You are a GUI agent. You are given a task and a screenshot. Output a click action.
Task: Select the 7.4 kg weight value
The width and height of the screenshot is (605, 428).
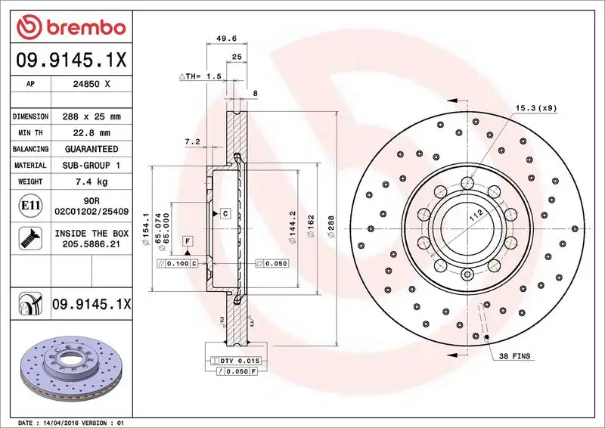pyautogui.click(x=91, y=181)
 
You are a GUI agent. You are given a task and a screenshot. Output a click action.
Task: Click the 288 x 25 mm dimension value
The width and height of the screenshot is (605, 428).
pyautogui.click(x=91, y=116)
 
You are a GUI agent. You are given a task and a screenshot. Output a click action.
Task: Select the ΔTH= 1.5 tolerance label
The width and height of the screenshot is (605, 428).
pyautogui.click(x=200, y=77)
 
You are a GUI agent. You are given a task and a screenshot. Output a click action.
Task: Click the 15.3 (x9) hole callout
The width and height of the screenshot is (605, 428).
pyautogui.click(x=535, y=108)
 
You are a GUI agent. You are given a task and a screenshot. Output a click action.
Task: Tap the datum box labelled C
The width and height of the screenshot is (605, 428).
pyautogui.click(x=225, y=214)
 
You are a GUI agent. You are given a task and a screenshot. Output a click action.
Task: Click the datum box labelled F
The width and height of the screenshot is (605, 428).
pyautogui.click(x=186, y=240)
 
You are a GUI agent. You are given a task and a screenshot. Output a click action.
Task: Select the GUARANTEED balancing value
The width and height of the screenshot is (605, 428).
pyautogui.click(x=91, y=149)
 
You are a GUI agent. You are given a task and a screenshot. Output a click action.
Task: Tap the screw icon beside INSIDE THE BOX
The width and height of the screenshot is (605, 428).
pyautogui.click(x=29, y=240)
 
